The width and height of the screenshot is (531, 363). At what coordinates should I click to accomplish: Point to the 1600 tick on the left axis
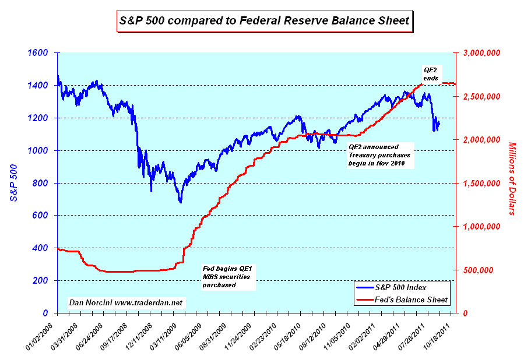(38, 53)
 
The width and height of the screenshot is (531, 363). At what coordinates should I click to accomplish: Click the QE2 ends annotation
(431, 73)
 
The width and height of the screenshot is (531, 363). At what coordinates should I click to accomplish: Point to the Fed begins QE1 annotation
(230, 277)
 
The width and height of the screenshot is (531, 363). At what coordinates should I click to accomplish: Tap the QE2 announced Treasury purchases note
(379, 156)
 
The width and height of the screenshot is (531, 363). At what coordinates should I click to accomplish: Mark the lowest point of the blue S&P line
(181, 202)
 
